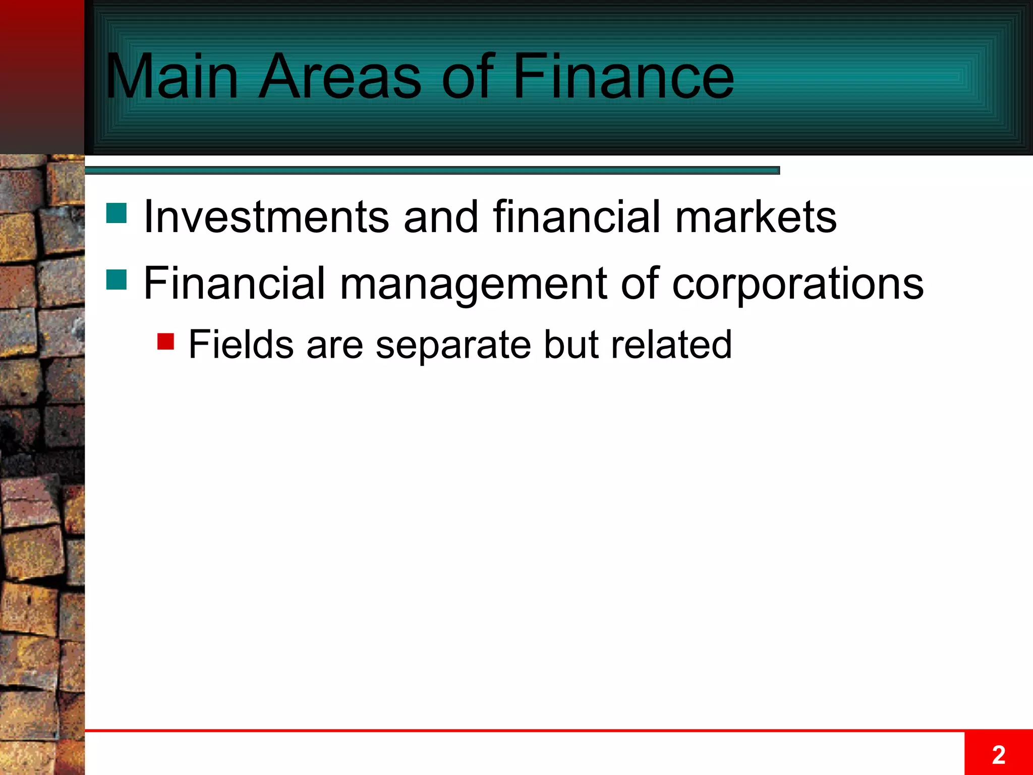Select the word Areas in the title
pyautogui.click(x=339, y=77)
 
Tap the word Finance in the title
pyautogui.click(x=623, y=77)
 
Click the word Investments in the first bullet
pyautogui.click(x=266, y=216)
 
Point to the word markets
pyautogui.click(x=756, y=216)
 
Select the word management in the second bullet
pyautogui.click(x=473, y=284)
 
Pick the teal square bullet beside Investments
pyautogui.click(x=117, y=213)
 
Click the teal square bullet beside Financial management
pyautogui.click(x=117, y=280)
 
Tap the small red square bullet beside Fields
pyautogui.click(x=165, y=341)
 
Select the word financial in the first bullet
pyautogui.click(x=576, y=216)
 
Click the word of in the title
pyautogui.click(x=467, y=77)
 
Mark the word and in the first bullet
pyautogui.click(x=440, y=216)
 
